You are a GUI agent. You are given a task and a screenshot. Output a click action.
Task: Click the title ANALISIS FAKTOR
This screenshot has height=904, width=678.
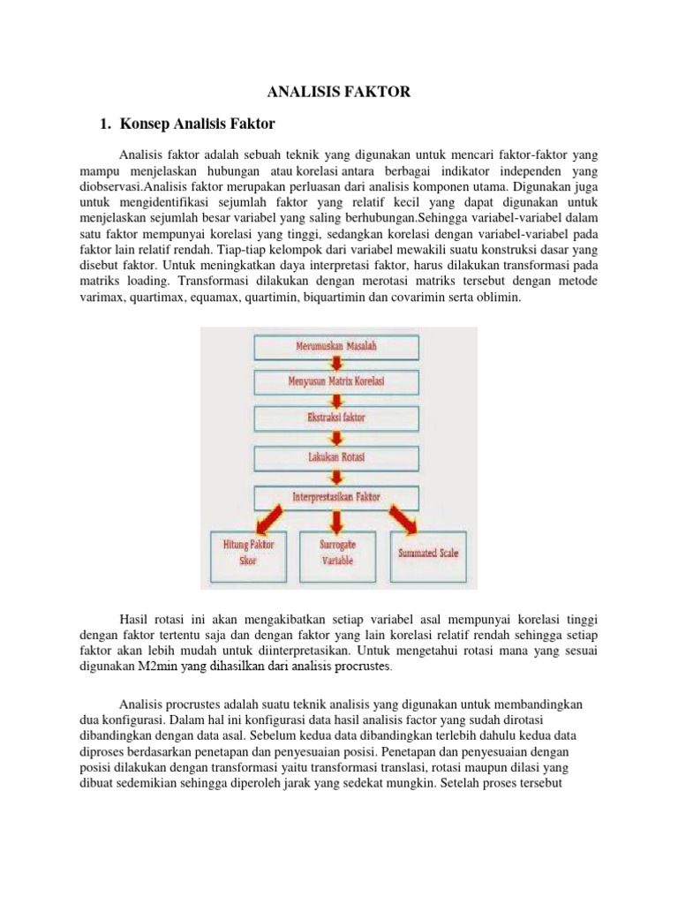click(339, 91)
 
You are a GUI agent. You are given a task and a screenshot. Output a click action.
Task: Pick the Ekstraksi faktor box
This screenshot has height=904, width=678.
click(340, 416)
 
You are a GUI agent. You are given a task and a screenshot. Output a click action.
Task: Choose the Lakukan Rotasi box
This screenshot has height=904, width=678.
click(340, 457)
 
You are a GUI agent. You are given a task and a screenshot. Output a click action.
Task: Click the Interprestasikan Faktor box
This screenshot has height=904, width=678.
click(340, 497)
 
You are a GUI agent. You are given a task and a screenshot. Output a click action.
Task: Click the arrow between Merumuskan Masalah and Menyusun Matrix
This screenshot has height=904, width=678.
click(339, 365)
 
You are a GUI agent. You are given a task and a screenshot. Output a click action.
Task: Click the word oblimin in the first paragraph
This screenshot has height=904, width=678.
click(501, 298)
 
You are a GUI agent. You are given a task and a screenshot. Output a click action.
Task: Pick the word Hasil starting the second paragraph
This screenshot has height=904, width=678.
click(135, 611)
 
